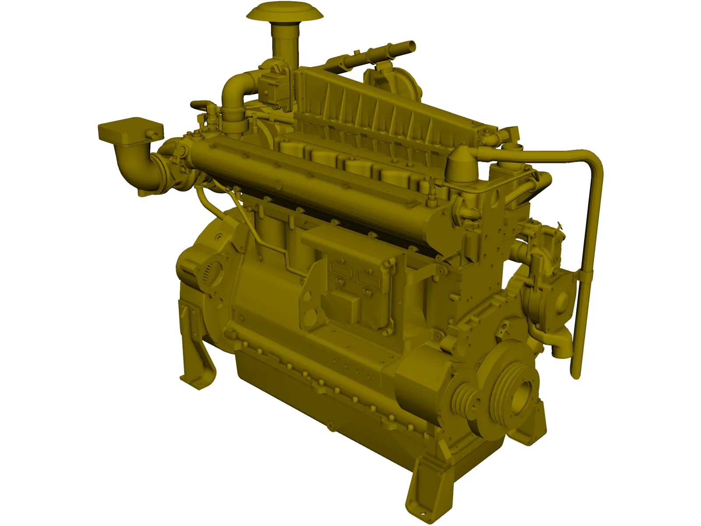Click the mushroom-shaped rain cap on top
284,12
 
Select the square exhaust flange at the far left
130,129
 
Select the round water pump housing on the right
556,302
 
